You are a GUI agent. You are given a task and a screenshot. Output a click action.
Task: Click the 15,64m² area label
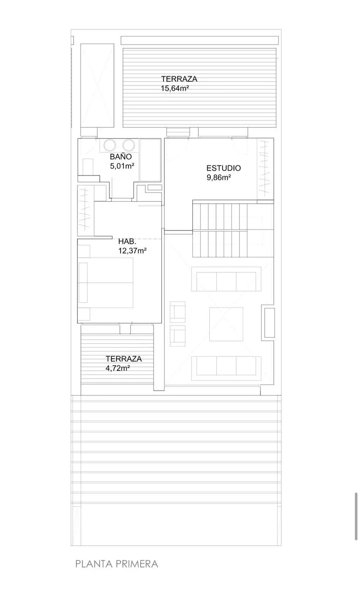pos(175,88)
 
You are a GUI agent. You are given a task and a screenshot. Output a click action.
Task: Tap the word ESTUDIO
pos(224,168)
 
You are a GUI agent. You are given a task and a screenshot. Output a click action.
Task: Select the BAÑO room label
pos(121,156)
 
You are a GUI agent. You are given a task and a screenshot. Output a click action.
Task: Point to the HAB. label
pos(127,242)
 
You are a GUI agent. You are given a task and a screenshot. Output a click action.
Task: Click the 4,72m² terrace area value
pos(117,368)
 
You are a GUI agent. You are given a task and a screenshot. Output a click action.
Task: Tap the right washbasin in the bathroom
pos(129,145)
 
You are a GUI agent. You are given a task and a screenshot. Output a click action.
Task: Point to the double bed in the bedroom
pos(106,283)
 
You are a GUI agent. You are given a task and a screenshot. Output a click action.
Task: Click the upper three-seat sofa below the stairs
pos(226,279)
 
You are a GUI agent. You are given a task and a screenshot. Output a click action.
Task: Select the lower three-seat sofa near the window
pos(226,368)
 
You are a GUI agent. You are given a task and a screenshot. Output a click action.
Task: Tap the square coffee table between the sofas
pos(226,324)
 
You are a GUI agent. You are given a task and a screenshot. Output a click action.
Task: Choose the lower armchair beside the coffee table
pos(178,336)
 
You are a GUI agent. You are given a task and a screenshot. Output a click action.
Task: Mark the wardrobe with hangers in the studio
pos(265,169)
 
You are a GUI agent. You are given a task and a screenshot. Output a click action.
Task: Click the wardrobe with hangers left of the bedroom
pos(86,210)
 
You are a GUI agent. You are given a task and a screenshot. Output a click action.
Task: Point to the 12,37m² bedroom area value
pos(132,250)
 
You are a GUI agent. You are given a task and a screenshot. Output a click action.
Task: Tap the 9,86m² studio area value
pos(219,177)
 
